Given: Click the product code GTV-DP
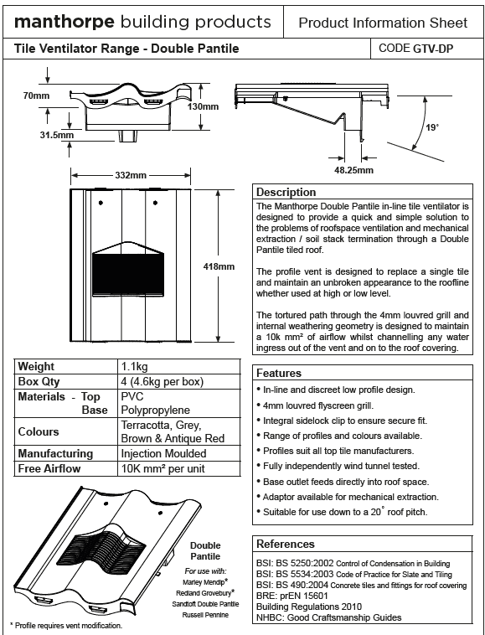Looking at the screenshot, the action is tap(433, 49).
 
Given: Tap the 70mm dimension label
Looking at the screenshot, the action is tap(36, 96).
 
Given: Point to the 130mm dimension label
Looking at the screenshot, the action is tap(203, 106).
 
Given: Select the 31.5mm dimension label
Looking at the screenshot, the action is tap(57, 135).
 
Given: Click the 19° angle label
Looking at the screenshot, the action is tap(432, 127).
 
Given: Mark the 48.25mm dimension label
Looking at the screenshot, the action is tap(353, 170).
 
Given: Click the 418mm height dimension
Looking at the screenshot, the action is tap(219, 266).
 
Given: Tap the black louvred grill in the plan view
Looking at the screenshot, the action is tap(128, 275).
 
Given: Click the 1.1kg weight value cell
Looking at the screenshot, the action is tap(134, 367).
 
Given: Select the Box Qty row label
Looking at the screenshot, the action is tap(39, 382).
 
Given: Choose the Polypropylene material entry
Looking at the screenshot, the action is tap(156, 410).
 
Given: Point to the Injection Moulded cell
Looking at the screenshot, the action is tap(163, 453).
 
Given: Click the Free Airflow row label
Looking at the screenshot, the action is tap(49, 469).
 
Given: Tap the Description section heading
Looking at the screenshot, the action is tap(286, 193).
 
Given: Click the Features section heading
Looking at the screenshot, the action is tap(279, 373).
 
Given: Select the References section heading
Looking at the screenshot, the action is tap(286, 544).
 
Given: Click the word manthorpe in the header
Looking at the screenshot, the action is tap(64, 23).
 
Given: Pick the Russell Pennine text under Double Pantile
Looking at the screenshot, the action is tap(205, 615).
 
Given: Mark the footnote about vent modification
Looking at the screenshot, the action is tap(65, 626).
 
